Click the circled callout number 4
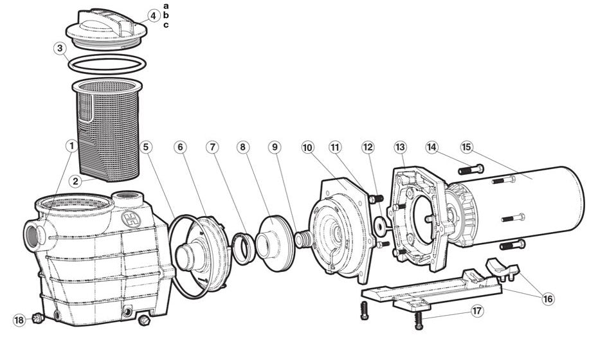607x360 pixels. point(154,16)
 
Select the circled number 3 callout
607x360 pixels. point(60,48)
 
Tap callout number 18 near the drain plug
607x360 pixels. point(19,320)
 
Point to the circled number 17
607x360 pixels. point(477,311)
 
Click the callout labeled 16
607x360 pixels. point(548,299)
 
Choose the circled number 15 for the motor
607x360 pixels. point(466,147)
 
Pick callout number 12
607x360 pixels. point(368,147)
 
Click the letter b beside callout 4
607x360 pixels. point(166,15)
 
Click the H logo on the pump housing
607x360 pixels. point(131,219)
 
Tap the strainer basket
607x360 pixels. point(107,130)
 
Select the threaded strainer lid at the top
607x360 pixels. point(106,30)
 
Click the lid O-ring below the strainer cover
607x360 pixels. point(107,64)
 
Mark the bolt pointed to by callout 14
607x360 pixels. point(471,170)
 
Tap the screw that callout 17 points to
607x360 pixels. point(418,321)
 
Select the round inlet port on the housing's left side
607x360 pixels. point(33,235)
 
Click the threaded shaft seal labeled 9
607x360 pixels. point(303,239)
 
